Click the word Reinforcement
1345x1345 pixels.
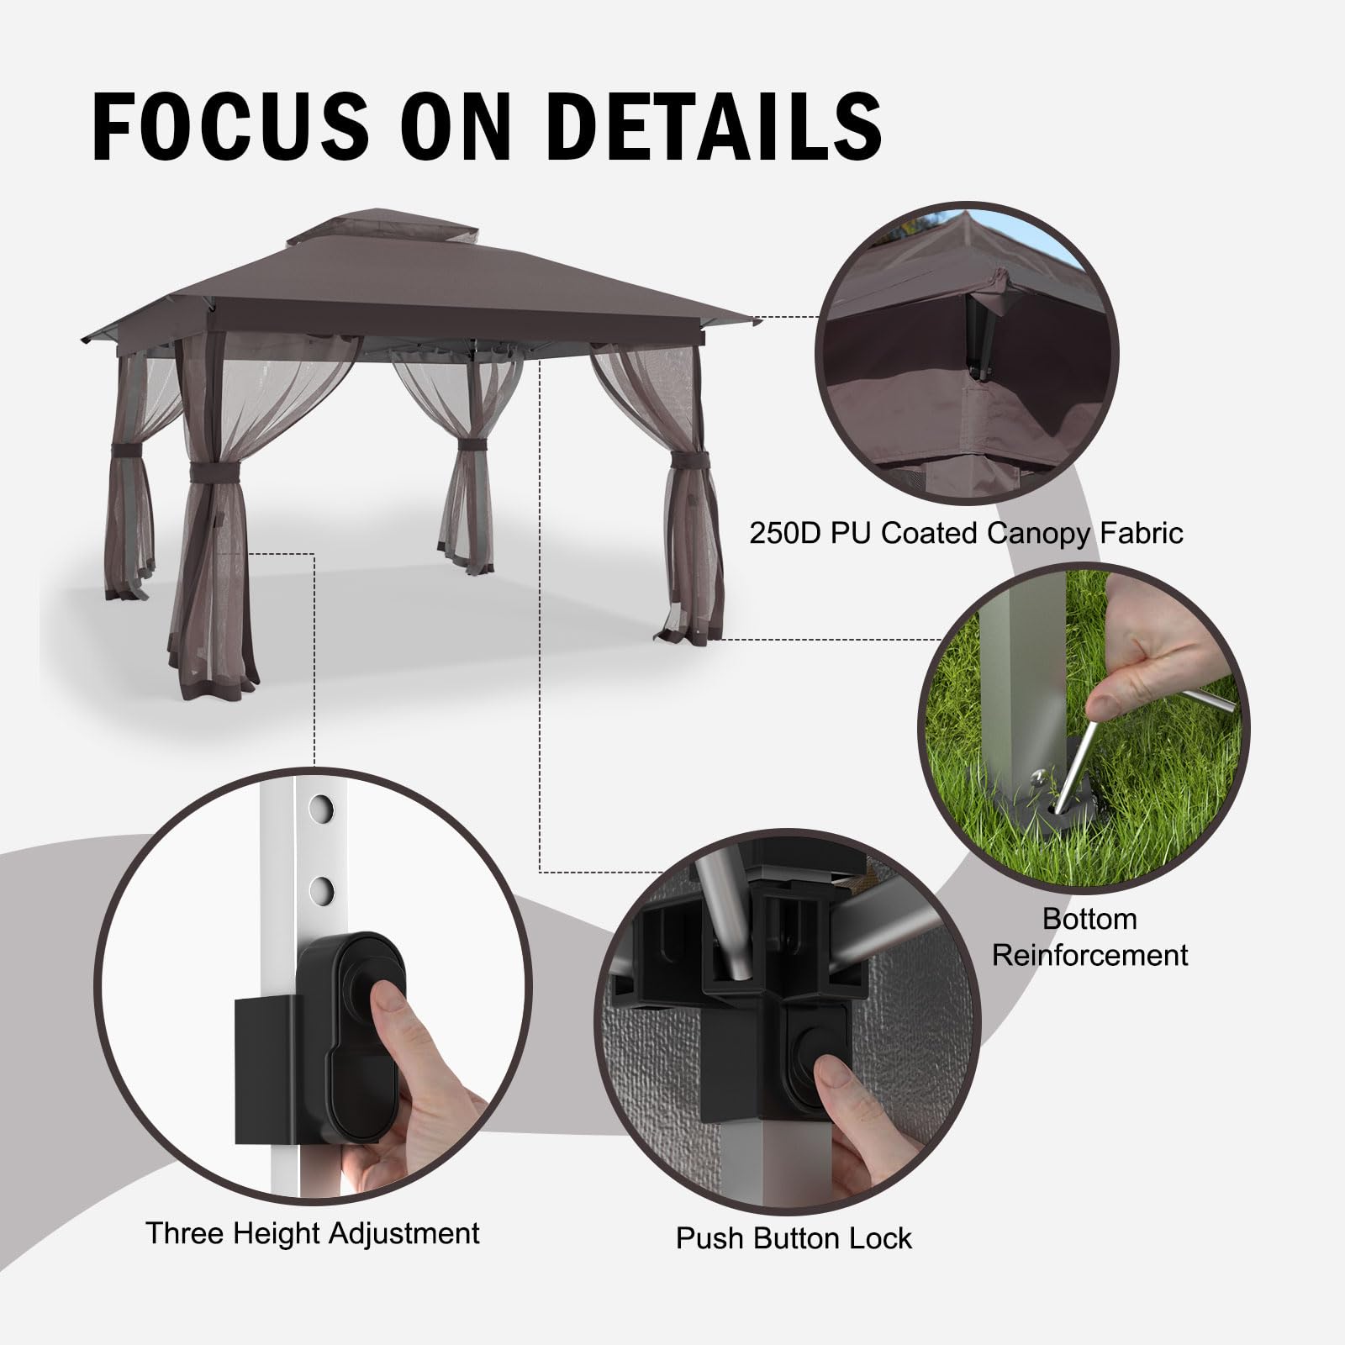1090,955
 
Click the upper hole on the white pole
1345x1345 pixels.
319,809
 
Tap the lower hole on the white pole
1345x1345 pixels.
319,888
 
